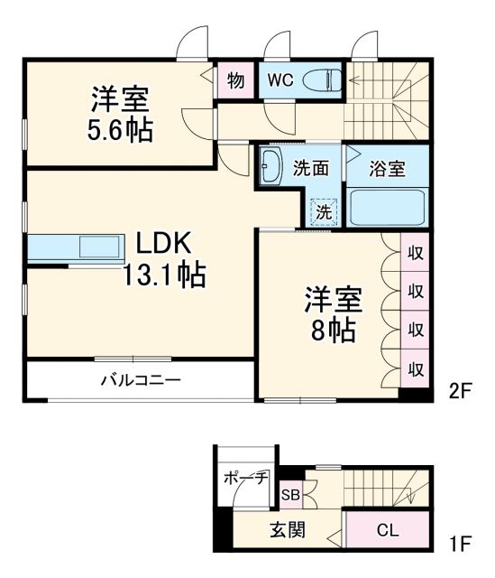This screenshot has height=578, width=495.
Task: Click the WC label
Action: pyautogui.click(x=279, y=79)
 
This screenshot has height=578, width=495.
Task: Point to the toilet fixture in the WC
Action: pyautogui.click(x=319, y=79)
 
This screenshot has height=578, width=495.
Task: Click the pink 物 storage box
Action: pyautogui.click(x=235, y=79)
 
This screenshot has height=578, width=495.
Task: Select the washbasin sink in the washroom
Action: pyautogui.click(x=270, y=165)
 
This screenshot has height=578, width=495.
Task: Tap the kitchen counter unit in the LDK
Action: pyautogui.click(x=73, y=247)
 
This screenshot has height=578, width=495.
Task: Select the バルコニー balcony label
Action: pyautogui.click(x=140, y=380)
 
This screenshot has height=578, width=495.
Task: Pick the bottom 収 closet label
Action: pyautogui.click(x=416, y=368)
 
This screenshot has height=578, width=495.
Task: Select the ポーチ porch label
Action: pyautogui.click(x=244, y=478)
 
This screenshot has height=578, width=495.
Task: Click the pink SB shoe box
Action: pyautogui.click(x=290, y=494)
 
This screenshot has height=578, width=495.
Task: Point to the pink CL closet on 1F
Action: pyautogui.click(x=387, y=530)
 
